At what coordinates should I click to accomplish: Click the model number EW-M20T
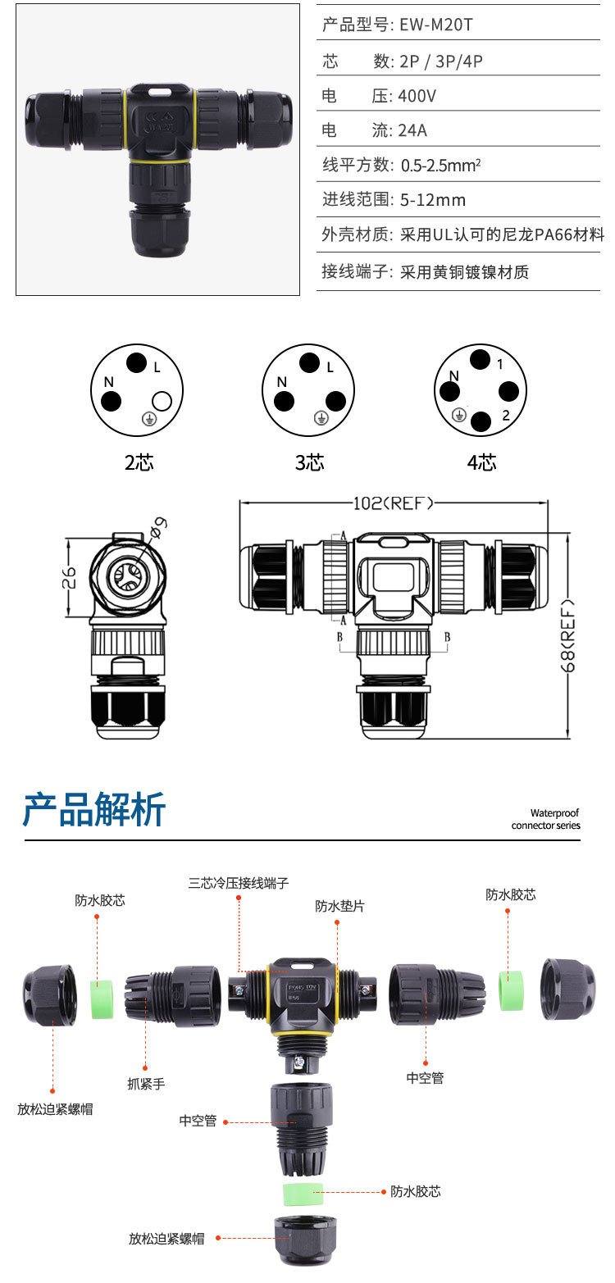435,25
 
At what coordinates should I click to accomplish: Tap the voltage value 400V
417,96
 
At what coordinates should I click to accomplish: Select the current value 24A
413,130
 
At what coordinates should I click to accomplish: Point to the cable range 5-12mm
433,200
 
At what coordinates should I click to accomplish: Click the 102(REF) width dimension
393,503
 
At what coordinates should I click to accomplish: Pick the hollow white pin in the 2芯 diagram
162,401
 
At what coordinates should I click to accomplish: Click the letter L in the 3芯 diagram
330,368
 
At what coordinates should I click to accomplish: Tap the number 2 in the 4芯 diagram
506,416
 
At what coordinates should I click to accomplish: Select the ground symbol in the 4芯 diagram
460,415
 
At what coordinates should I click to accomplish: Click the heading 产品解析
94,809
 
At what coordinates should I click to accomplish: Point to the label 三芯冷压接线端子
239,883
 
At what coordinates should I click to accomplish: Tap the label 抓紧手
146,1084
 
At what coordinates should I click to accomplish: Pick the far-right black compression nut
567,989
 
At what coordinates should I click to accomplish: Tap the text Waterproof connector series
545,819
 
